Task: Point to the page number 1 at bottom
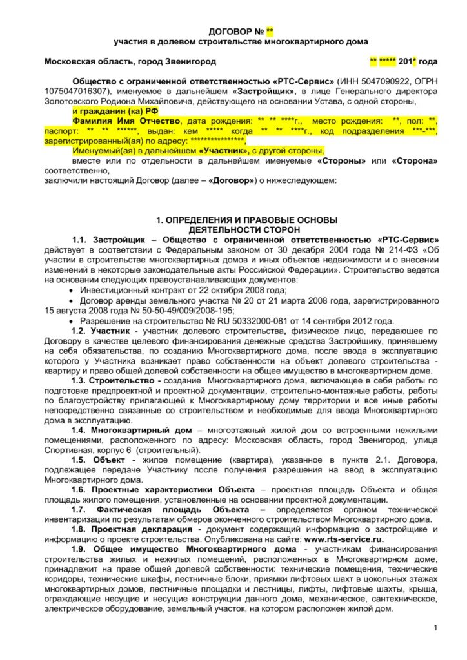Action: pos(435,628)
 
